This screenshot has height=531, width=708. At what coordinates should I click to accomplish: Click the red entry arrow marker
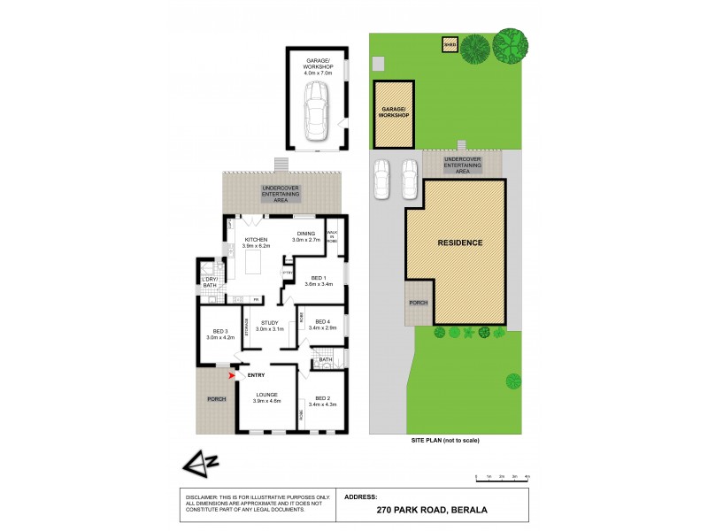[x=233, y=375]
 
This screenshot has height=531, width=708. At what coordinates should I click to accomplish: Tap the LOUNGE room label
[x=267, y=395]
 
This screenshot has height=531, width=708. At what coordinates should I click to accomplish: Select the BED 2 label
[x=323, y=398]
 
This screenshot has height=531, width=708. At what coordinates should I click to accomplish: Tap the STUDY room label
[x=270, y=323]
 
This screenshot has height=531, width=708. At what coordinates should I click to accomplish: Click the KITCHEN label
[x=257, y=240]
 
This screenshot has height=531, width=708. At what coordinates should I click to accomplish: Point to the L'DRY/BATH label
[x=210, y=281]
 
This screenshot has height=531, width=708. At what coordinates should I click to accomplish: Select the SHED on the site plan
[x=449, y=43]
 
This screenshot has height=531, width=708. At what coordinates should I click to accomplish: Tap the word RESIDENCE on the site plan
[x=460, y=242]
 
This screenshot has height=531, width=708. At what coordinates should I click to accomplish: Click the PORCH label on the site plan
[x=418, y=303]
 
